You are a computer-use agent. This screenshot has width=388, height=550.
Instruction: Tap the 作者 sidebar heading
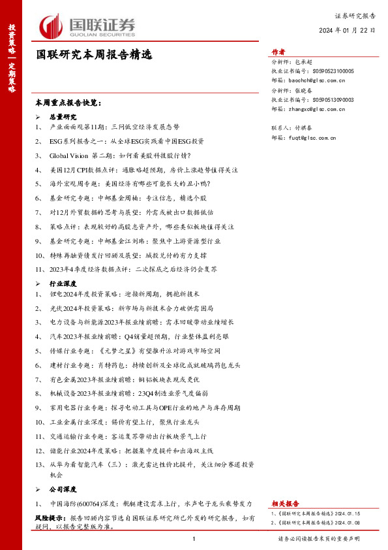click(x=278, y=52)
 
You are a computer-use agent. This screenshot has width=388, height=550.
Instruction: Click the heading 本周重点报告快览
click(x=68, y=103)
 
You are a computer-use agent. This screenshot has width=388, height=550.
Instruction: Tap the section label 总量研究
click(x=63, y=116)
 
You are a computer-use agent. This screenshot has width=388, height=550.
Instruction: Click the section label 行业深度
click(x=63, y=284)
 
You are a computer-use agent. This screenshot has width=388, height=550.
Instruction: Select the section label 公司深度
click(x=63, y=489)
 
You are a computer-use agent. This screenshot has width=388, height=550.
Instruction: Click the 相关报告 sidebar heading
click(x=286, y=504)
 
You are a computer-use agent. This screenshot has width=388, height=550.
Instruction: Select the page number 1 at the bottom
click(x=194, y=539)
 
